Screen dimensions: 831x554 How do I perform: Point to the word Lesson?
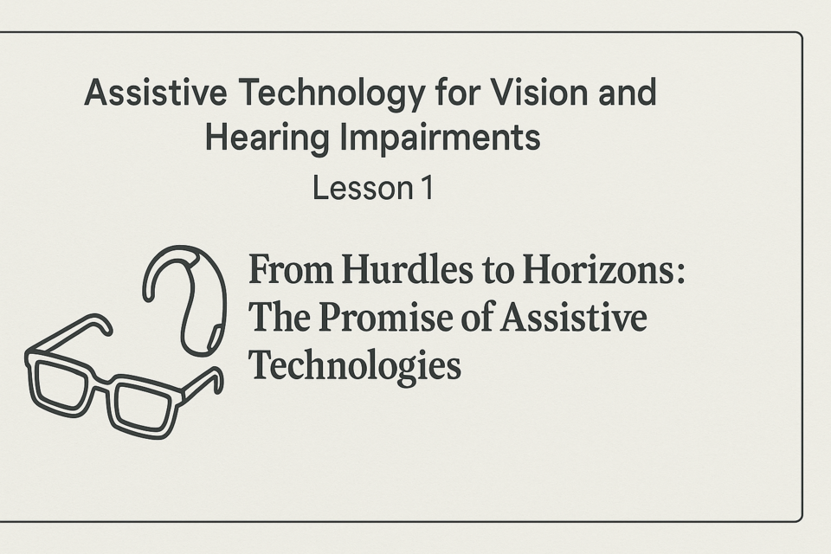point(363,188)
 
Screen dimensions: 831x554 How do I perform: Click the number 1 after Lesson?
point(428,188)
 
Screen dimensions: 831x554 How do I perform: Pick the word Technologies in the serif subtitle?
point(355,367)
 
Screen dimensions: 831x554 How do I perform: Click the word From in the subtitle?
point(291,269)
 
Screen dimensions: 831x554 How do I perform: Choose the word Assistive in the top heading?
point(156,93)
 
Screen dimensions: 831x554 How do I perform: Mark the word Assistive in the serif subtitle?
point(573,317)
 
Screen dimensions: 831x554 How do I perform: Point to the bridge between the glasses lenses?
point(102,381)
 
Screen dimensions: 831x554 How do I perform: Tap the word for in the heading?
point(456,93)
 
